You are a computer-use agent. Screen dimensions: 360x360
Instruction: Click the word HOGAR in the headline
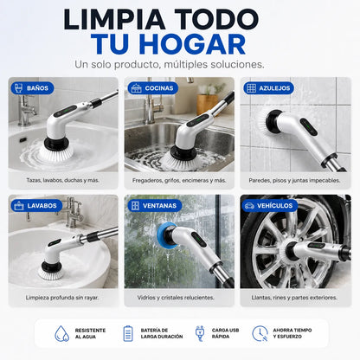(192, 44)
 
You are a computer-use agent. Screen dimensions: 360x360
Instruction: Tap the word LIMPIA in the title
(114, 19)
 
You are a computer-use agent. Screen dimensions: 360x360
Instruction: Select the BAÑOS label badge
(32, 88)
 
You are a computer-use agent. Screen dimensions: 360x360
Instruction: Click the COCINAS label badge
(153, 88)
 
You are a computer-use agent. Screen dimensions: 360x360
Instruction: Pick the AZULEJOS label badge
(268, 88)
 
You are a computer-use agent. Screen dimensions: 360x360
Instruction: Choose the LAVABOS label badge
(36, 206)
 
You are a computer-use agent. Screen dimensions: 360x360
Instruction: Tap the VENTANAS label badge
(155, 206)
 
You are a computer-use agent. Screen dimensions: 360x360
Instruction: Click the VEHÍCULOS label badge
(270, 206)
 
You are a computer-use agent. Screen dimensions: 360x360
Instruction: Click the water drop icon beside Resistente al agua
(62, 334)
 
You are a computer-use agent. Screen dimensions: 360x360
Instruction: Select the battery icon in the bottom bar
(128, 334)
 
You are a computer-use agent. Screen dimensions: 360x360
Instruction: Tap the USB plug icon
(200, 334)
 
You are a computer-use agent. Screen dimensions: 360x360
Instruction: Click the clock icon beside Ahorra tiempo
(260, 334)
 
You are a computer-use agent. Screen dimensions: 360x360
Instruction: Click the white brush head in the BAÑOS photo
(56, 153)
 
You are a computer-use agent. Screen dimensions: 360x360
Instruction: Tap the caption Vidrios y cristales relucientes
(176, 298)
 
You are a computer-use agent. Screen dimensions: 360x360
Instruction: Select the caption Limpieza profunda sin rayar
(62, 298)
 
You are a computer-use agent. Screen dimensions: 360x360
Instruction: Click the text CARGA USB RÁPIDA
(225, 333)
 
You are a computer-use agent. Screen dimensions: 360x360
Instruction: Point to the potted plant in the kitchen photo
(209, 98)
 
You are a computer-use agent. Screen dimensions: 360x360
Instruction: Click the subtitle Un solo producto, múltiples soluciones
(170, 64)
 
